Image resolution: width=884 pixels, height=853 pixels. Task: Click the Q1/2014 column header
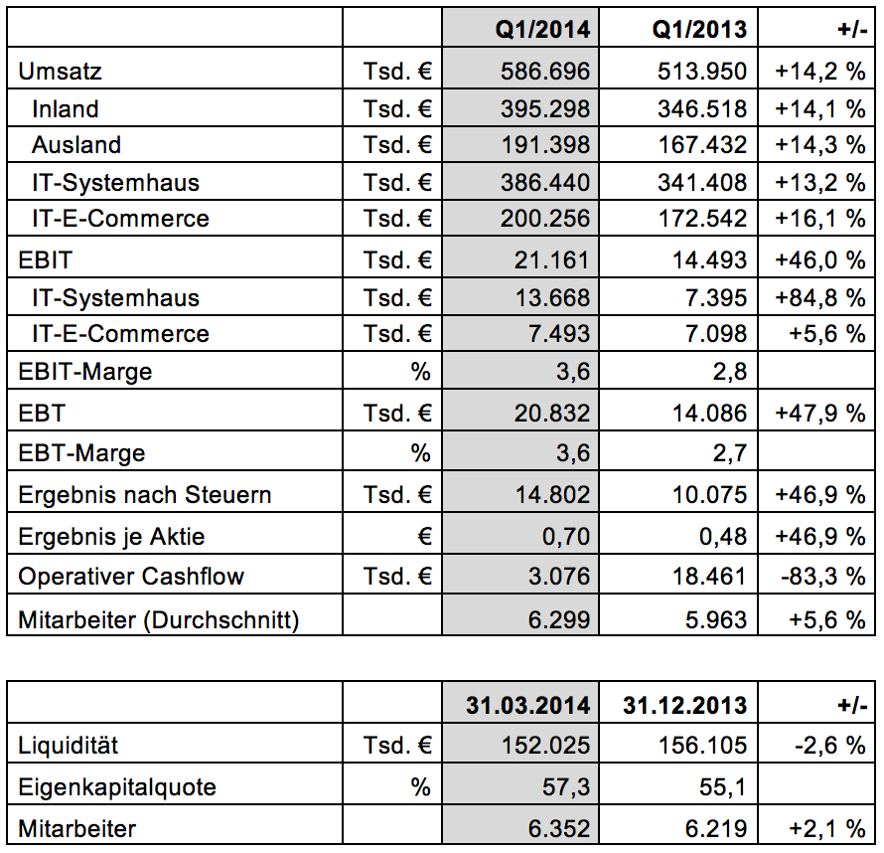coord(543,29)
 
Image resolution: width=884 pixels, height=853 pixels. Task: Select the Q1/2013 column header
coord(699,29)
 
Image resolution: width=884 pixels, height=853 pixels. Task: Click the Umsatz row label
coord(61,72)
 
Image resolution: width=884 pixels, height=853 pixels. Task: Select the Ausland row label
coord(76,145)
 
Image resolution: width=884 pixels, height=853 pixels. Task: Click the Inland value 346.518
coord(702,108)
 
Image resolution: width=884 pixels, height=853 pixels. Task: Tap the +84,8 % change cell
coord(820,297)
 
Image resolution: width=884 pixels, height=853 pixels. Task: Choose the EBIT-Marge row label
coord(85,372)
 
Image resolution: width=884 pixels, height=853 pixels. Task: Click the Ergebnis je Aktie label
coord(112,537)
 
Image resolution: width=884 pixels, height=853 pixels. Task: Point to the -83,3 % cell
coord(823,577)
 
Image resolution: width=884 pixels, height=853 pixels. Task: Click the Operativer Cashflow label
coord(131,577)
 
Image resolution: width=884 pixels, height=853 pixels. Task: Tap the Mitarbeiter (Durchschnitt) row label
coord(159,620)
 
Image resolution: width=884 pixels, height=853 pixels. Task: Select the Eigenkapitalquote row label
coord(117,787)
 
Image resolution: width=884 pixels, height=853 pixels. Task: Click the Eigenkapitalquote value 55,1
coord(725,787)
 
